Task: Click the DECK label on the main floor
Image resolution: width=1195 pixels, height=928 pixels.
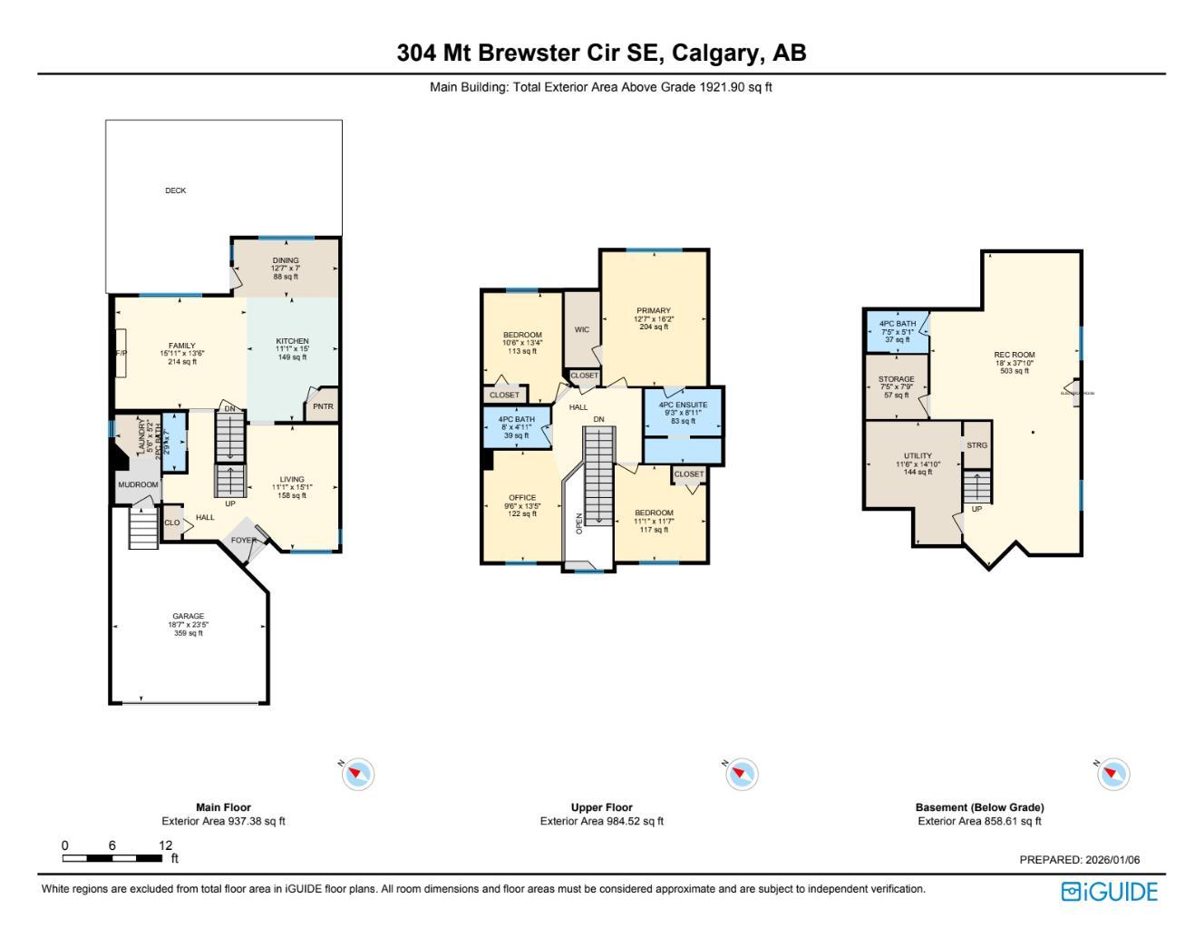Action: [x=176, y=190]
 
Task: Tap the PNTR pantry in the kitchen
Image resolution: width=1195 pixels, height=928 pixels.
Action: [x=323, y=406]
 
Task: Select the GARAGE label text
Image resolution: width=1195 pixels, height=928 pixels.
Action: [x=189, y=617]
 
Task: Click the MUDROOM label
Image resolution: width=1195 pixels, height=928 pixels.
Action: [x=138, y=485]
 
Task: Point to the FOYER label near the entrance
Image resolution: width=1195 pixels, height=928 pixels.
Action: [x=243, y=541]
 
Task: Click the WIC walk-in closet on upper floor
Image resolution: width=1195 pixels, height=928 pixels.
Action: [x=582, y=329]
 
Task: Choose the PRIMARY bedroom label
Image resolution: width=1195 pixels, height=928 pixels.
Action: [x=654, y=311]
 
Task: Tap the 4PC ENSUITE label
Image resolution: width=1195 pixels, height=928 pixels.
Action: [x=683, y=405]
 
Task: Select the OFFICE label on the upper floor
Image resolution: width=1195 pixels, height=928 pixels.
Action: [x=522, y=498]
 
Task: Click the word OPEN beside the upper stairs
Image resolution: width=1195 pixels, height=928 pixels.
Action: [x=579, y=523]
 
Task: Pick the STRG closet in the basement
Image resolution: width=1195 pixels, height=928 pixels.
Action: [x=976, y=445]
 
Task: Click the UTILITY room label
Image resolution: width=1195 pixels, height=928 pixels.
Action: [x=918, y=456]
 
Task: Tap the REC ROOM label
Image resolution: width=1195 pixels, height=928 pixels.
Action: [x=1015, y=356]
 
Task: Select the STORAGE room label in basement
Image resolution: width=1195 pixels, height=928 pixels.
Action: [x=896, y=379]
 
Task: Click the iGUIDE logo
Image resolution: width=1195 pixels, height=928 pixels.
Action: [x=1109, y=892]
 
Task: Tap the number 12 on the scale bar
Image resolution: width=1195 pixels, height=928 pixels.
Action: [x=165, y=845]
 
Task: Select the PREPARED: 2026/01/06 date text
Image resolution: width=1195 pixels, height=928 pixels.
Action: [x=1079, y=860]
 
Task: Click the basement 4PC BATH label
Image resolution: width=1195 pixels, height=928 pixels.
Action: [x=897, y=324]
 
